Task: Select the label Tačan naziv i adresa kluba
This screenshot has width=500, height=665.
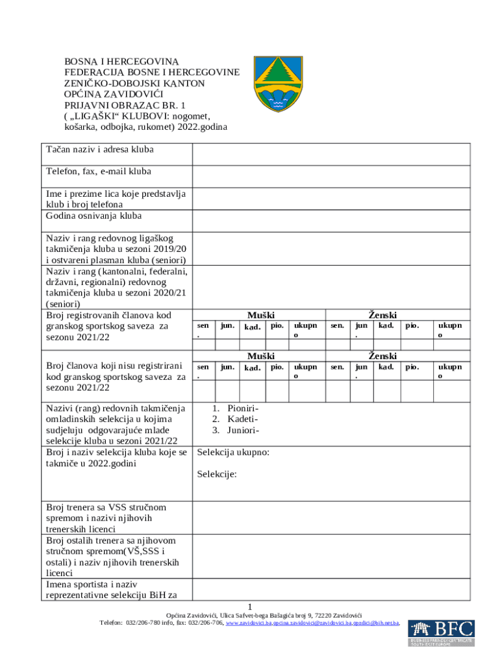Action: (x=99, y=150)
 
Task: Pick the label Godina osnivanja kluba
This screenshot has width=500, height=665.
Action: (x=94, y=216)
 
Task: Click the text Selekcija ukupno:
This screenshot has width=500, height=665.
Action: (x=233, y=452)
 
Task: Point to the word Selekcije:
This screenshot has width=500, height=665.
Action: (x=217, y=474)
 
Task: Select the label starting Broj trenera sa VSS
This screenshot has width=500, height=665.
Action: (x=106, y=507)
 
